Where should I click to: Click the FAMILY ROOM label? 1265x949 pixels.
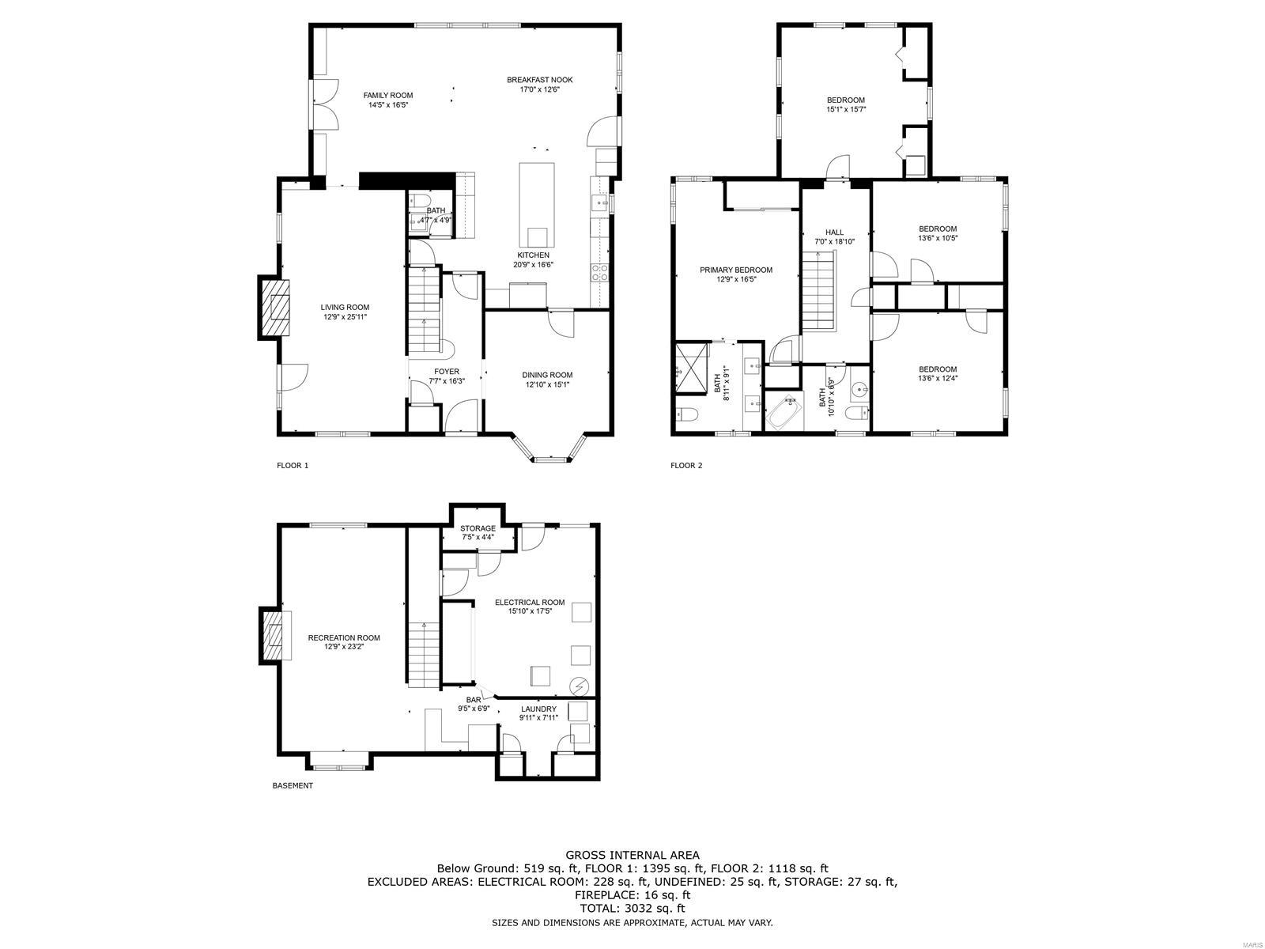[387, 95]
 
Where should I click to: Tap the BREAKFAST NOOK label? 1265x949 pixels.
[539, 80]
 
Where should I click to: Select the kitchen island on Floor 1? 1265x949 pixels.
[536, 206]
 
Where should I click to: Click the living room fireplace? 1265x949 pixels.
[274, 308]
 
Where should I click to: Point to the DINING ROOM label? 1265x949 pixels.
[546, 375]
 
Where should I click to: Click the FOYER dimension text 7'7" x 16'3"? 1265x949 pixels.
[446, 381]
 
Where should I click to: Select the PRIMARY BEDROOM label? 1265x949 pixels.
[735, 270]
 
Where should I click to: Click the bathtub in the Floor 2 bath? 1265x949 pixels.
[784, 413]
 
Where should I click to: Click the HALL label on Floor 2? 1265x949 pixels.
[834, 233]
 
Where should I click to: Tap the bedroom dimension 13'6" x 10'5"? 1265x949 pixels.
[937, 238]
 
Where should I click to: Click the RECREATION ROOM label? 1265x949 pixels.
[343, 637]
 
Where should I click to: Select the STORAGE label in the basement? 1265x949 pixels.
[478, 528]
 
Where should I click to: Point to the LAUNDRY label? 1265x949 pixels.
[538, 709]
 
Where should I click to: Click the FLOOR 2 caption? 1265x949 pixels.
[685, 465]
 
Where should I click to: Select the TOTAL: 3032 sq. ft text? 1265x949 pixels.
[632, 909]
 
